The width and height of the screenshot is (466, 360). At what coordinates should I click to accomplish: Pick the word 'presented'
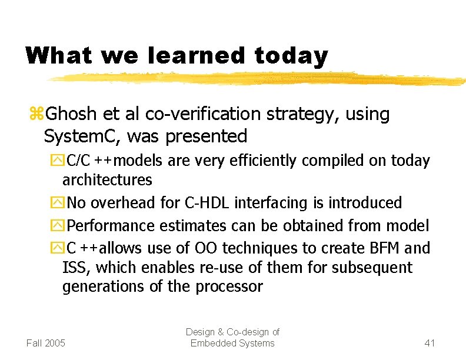pos(207,136)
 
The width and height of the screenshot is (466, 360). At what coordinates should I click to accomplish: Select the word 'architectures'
pos(107,179)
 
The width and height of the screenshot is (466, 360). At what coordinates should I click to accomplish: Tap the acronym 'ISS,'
pos(76,268)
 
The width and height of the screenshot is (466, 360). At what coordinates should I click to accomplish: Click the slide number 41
pos(430,343)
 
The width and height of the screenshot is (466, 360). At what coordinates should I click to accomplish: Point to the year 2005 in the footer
pos(55,343)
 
